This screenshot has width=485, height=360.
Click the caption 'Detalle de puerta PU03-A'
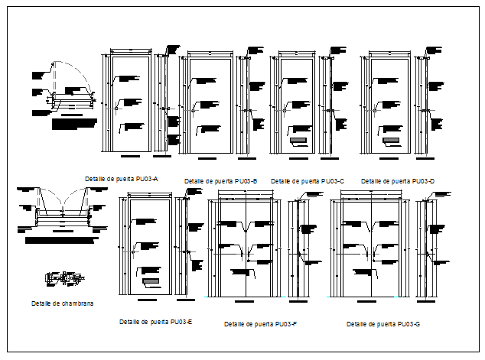pyautogui.click(x=122, y=178)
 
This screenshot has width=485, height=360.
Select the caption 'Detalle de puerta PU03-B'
pyautogui.click(x=220, y=181)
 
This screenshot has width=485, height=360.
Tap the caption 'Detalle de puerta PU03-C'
pyautogui.click(x=308, y=181)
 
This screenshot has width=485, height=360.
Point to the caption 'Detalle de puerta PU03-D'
pyautogui.click(x=397, y=181)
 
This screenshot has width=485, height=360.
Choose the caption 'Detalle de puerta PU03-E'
pyautogui.click(x=155, y=322)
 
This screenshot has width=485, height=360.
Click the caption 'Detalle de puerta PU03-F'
pyautogui.click(x=260, y=324)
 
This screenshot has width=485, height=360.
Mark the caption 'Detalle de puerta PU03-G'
pyautogui.click(x=383, y=324)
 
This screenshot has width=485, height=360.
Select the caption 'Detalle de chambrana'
pyautogui.click(x=63, y=303)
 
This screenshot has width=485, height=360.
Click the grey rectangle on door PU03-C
pyautogui.click(x=298, y=141)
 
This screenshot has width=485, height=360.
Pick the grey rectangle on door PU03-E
pyautogui.click(x=151, y=282)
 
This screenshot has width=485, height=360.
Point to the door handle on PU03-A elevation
pyautogui.click(x=116, y=109)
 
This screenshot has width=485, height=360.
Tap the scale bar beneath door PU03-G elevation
pyautogui.click(x=372, y=302)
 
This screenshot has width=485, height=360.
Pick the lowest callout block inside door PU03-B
pyautogui.click(x=208, y=127)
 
